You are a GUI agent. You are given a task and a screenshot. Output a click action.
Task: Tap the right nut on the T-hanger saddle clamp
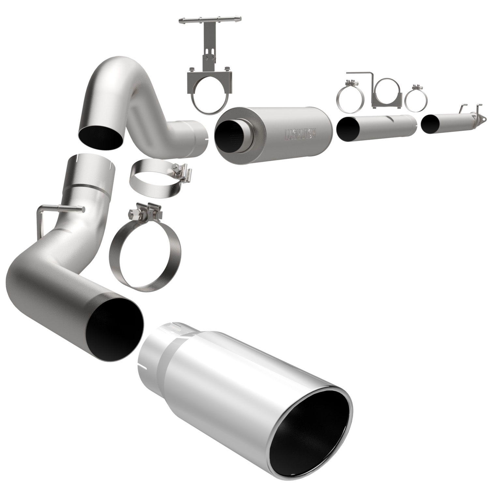pos(225,69)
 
